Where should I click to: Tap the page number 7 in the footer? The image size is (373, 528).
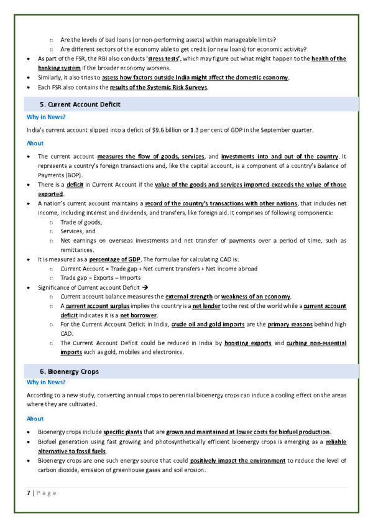pyautogui.click(x=29, y=493)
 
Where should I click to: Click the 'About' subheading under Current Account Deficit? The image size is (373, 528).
pyautogui.click(x=35, y=143)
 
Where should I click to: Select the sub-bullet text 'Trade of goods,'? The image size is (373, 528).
pyautogui.click(x=81, y=222)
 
